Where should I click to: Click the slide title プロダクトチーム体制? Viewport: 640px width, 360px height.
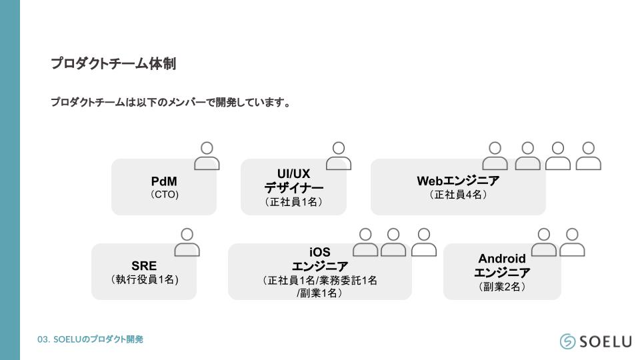coord(113,64)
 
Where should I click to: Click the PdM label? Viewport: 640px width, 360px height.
coord(164,181)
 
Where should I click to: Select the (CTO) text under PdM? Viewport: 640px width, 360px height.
coord(164,195)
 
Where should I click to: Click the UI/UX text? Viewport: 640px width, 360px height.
coord(293,174)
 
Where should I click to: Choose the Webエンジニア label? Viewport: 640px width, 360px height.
coord(458,181)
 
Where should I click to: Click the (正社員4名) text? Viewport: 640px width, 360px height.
coord(458,195)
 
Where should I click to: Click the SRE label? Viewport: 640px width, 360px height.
coord(144,266)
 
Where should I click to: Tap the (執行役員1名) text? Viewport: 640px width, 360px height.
coord(144,280)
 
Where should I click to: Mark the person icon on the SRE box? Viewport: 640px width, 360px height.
coord(187,243)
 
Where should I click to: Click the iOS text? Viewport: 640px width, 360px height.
coord(320,253)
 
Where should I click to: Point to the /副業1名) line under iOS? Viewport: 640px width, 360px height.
coord(320,293)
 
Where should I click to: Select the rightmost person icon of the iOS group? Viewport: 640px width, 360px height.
coord(424,243)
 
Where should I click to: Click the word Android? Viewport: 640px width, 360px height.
coord(502,259)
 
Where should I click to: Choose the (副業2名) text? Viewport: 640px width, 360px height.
coord(502,287)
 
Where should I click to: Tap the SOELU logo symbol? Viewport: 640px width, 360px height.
coord(567,341)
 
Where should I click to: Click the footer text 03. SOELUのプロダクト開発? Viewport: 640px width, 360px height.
coord(90,339)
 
